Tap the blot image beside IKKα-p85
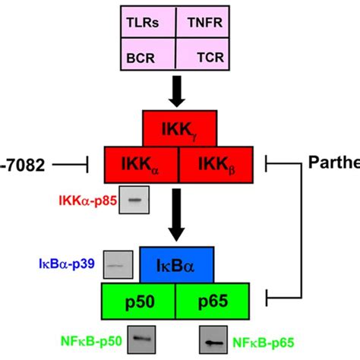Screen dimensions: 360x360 137,201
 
